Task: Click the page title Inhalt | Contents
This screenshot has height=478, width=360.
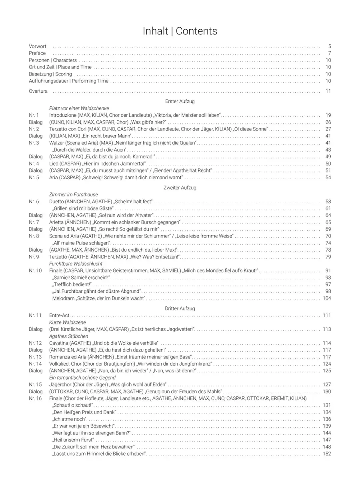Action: [x=180, y=31]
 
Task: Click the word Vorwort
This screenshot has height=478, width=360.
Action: [x=38, y=46]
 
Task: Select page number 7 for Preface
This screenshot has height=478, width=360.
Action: [x=329, y=53]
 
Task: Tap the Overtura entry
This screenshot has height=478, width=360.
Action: [x=38, y=91]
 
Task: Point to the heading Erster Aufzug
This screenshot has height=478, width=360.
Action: [x=180, y=102]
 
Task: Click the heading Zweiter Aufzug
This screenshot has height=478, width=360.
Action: [x=180, y=188]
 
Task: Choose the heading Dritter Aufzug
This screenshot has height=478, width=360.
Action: [x=180, y=309]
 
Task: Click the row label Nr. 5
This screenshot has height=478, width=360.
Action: [x=34, y=177]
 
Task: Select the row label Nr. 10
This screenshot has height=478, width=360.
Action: [x=35, y=271]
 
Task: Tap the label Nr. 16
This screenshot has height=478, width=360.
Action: [x=35, y=398]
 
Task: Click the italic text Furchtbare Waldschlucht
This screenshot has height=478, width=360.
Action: [x=76, y=264]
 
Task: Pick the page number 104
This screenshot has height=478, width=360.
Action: [x=327, y=298]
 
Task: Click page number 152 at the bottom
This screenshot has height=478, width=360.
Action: [x=327, y=454]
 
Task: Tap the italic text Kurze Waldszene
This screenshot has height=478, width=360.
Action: [x=67, y=322]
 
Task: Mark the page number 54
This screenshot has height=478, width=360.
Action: [x=328, y=177]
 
